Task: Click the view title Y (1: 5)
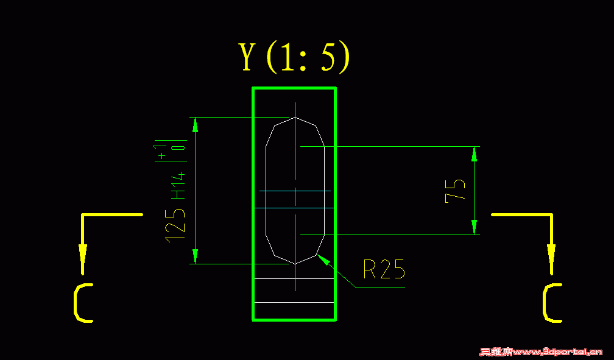[295, 58]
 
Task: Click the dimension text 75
[456, 190]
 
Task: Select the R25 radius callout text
[384, 269]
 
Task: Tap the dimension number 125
[175, 224]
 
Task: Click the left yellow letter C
[83, 303]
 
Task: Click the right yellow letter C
[552, 303]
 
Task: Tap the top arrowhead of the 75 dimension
[475, 154]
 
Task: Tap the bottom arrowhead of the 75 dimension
[475, 227]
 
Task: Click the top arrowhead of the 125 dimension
[196, 124]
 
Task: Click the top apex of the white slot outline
[295, 118]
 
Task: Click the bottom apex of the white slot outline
[295, 263]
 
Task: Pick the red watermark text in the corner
[541, 352]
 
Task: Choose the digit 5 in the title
[327, 58]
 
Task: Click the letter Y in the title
[247, 58]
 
